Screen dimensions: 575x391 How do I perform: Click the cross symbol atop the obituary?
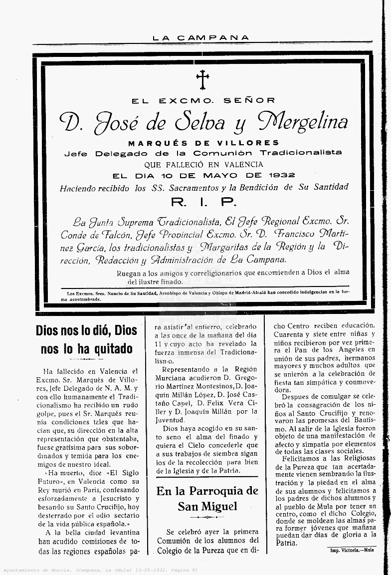[202, 79]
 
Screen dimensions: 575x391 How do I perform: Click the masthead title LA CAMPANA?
[200, 38]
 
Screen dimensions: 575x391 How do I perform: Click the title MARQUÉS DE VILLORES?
[203, 143]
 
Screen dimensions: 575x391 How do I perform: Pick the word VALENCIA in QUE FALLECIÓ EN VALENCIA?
[244, 164]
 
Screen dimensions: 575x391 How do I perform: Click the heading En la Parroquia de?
[207, 491]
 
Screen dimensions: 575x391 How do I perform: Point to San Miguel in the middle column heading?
[207, 507]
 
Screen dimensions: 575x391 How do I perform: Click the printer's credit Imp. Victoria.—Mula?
[352, 550]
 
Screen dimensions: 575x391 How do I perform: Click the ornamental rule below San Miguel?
[207, 517]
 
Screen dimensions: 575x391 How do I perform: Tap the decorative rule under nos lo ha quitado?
[86, 359]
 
